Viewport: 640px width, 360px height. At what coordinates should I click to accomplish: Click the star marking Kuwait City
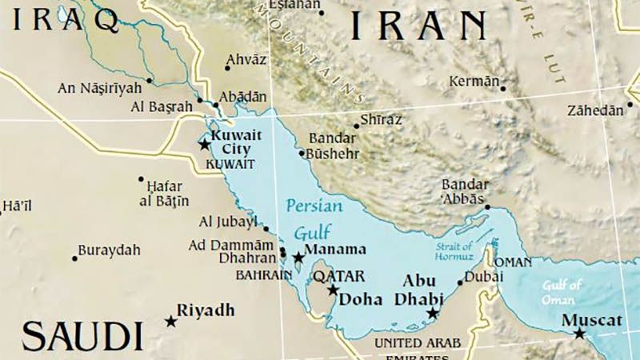204,145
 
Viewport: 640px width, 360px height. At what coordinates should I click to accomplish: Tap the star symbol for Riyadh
170,321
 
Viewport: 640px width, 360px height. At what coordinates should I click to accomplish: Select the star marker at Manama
298,258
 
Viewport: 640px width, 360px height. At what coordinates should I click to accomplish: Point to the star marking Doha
333,290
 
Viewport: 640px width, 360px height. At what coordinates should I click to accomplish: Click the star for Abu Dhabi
433,314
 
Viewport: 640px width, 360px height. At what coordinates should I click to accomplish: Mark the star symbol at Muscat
579,333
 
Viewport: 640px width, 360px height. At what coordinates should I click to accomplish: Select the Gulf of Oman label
562,291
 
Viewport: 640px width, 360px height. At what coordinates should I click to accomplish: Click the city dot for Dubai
460,282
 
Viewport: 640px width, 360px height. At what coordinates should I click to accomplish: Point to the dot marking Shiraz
357,126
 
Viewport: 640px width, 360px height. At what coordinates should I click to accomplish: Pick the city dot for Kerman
503,88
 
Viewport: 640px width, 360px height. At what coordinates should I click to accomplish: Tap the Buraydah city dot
76,258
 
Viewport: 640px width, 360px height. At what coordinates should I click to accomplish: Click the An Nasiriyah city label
99,87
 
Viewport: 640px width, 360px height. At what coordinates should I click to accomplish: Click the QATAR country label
338,276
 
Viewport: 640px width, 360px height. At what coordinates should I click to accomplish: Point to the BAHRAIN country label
263,274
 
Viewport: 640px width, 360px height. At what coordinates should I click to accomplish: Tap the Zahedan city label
594,110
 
